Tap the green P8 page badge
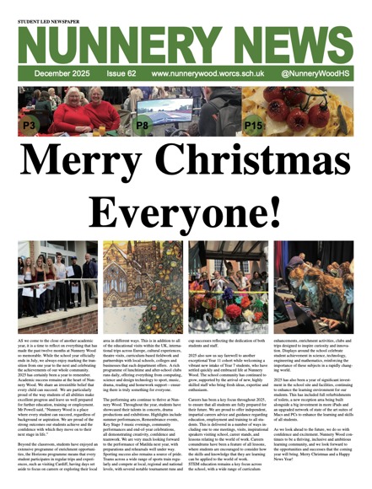coord(143,125)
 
